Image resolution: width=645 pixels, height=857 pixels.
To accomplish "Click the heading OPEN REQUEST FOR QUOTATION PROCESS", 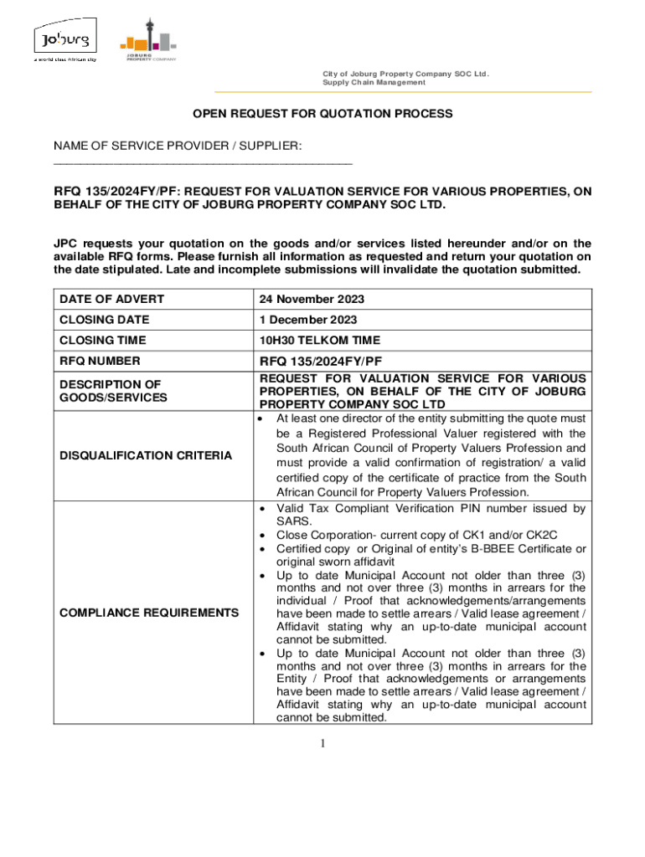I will pos(323,113).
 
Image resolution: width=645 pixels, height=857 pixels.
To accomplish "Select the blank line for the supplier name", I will pos(203,162).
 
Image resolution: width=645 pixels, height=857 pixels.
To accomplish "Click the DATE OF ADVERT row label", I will pos(111,300).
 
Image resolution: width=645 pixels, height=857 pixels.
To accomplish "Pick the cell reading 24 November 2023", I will pos(312,300).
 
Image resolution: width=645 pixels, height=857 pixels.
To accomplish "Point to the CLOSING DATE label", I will pos(104,320).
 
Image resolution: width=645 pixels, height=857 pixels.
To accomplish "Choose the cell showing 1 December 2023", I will pos(308,320).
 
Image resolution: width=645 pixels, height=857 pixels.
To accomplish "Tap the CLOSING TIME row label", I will pos(102,341).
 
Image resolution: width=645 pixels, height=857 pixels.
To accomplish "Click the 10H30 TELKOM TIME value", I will pos(319,341).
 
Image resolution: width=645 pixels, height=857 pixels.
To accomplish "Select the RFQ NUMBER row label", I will pos(100,362).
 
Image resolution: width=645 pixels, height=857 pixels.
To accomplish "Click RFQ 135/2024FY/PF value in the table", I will pos(321,362).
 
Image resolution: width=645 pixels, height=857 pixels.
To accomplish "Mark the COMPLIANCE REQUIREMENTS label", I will pos(149,613).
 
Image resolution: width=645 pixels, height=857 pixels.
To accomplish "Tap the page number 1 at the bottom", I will pos(322,744).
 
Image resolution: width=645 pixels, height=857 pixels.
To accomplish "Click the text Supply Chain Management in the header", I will pos(374,82).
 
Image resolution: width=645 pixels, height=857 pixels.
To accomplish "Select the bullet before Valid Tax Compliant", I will pos(264,509).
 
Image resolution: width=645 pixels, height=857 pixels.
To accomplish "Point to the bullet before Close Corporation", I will pos(264,535).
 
